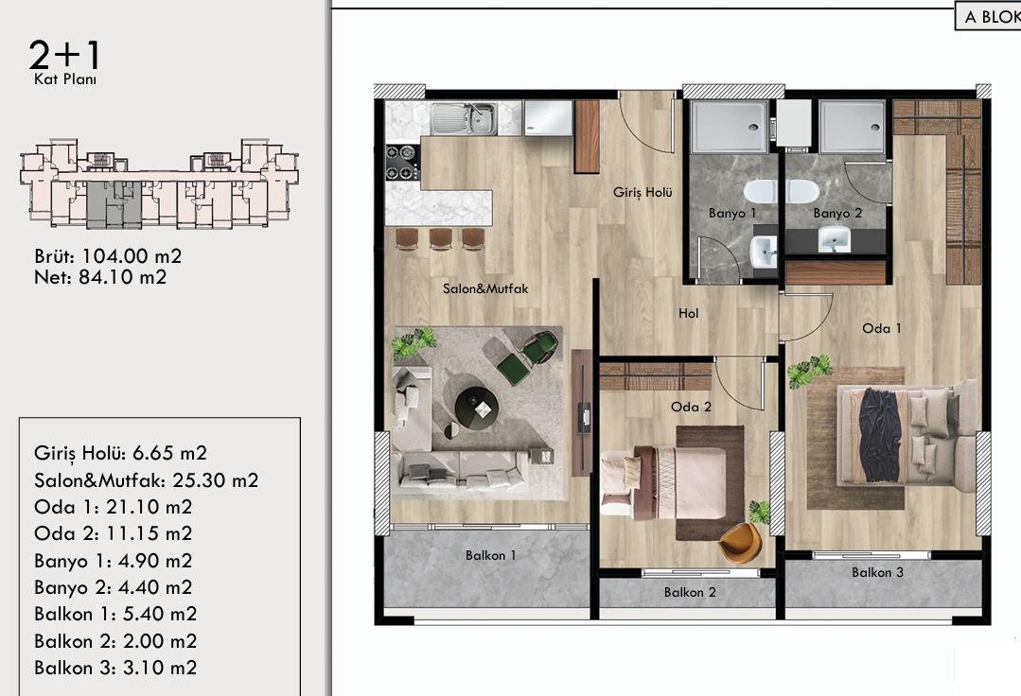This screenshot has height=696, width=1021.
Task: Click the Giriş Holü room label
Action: pos(643,193)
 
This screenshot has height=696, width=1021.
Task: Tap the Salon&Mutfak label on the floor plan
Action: pos(485,288)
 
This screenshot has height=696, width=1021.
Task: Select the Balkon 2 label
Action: pos(690,593)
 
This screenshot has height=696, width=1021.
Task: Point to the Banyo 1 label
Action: pos(732,214)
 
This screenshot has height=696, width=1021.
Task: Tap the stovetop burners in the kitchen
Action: pos(402,163)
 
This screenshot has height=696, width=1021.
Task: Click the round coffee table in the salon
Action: pos(477,409)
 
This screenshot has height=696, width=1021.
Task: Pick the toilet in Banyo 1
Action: pos(759,192)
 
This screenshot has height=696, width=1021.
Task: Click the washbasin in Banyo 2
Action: pos(835,239)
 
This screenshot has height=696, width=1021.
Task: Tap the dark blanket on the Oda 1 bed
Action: pos(879,434)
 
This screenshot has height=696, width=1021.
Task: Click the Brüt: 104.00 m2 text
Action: pos(108,256)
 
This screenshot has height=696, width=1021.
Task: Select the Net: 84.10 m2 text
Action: pos(100,278)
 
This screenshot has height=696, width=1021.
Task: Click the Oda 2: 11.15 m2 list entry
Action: pos(114,534)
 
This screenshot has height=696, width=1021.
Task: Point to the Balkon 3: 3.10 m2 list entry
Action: pos(115,668)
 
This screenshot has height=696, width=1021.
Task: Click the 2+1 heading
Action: pos(63,55)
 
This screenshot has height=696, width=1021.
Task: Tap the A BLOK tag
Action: pos(991,17)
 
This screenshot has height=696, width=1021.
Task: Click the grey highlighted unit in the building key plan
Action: pos(114,204)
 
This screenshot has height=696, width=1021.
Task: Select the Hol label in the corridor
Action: pos(688,314)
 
